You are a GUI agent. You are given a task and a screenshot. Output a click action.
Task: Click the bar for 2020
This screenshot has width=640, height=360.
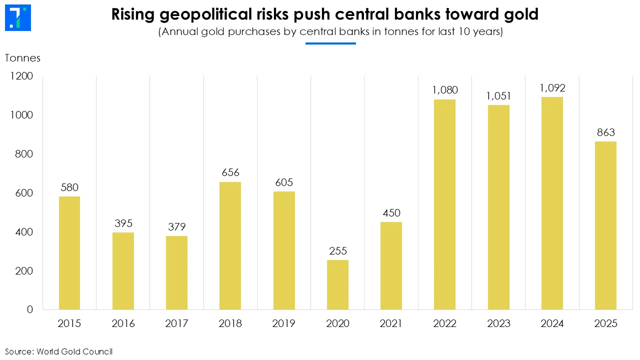[337, 284]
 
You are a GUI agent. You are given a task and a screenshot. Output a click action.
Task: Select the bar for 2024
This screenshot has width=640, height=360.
[552, 203]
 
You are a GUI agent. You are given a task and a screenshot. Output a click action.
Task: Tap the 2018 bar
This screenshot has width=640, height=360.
[230, 245]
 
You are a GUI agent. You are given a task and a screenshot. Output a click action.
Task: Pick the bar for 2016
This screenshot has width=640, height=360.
[123, 270]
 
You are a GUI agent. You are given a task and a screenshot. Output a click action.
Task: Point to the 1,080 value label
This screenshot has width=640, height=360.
[445, 90]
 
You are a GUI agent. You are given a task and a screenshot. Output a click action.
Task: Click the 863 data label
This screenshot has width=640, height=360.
[605, 132]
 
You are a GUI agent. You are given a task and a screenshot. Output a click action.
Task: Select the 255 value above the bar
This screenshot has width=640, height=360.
[338, 251]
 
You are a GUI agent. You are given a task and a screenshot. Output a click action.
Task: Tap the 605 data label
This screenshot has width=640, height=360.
[284, 182]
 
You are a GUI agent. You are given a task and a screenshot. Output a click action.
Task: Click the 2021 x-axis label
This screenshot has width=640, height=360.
[391, 323]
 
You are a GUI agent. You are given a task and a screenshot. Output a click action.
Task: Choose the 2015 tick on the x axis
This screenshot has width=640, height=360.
[69, 323]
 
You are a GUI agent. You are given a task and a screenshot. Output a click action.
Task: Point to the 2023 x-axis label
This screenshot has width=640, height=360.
[498, 323]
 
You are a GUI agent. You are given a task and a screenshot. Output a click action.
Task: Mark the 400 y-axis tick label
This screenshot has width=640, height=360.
[23, 232]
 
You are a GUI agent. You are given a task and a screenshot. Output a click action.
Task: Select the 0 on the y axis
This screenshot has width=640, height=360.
[30, 309]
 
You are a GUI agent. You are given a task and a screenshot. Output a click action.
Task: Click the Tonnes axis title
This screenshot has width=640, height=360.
[22, 58]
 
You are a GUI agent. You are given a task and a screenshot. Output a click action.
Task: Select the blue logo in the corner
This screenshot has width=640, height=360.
[17, 18]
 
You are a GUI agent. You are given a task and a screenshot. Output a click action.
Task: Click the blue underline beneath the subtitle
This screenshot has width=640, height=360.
[330, 43]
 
